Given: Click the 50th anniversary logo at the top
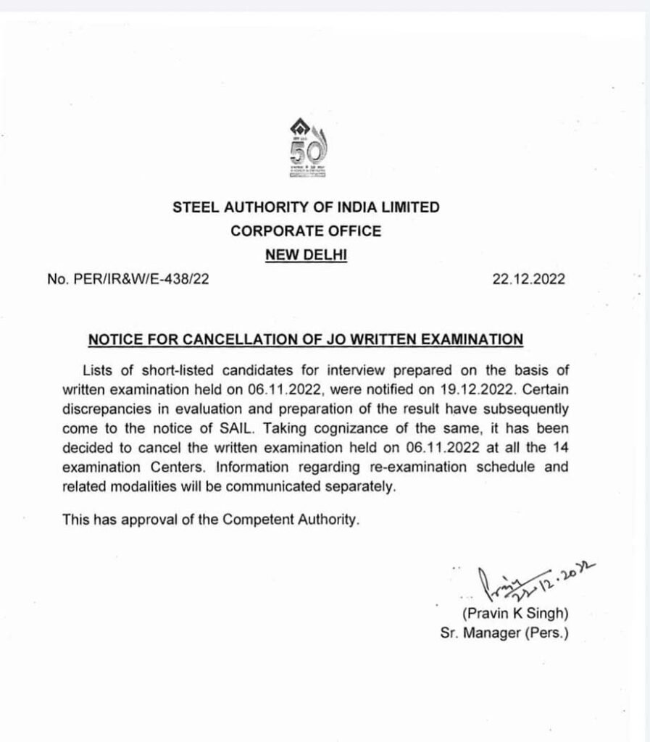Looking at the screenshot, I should click(305, 149).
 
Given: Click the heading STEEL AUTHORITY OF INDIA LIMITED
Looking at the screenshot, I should click(306, 207).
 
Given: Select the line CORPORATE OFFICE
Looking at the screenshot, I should click(305, 231).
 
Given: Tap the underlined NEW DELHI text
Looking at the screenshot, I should click(305, 254).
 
